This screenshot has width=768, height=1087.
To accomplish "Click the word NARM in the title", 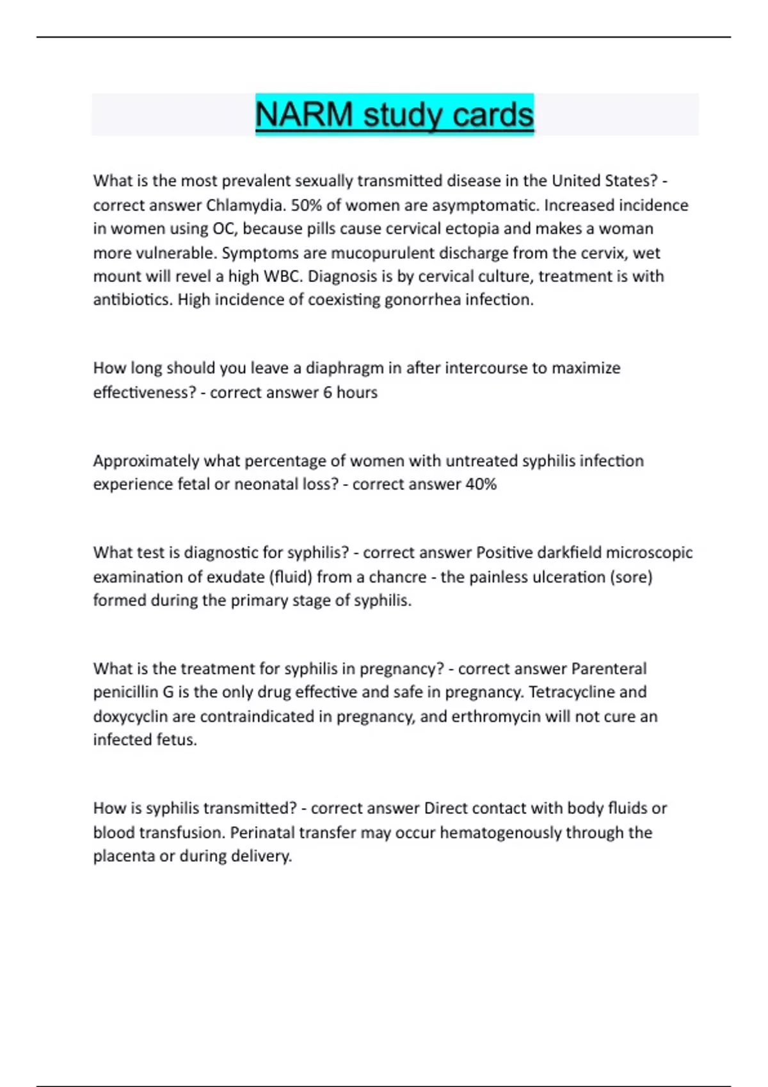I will pos(304,115).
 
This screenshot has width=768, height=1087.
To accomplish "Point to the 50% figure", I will pos(307,205).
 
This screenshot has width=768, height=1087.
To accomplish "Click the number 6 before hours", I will pos(328,392).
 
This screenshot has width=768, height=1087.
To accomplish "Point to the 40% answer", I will pos(481,484).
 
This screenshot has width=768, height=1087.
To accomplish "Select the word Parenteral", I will pos(609,669).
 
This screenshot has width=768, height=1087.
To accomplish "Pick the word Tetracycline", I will pos(572,692).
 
